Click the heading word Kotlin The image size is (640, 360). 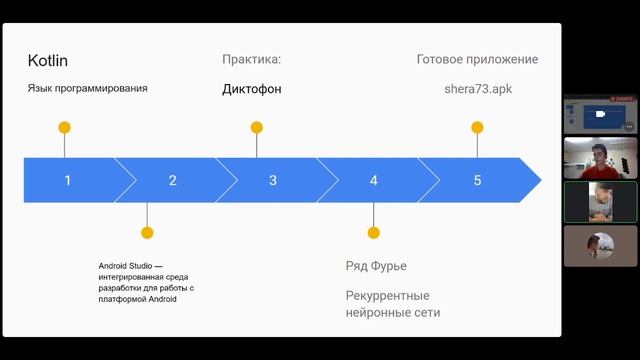pyautogui.click(x=48, y=61)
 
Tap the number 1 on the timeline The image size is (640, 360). pyautogui.click(x=68, y=181)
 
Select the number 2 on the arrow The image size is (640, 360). pyautogui.click(x=173, y=181)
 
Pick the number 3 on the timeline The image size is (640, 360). pyautogui.click(x=273, y=181)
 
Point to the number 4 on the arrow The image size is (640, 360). pyautogui.click(x=374, y=181)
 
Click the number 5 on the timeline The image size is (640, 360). pyautogui.click(x=477, y=181)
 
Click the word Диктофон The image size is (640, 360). pyautogui.click(x=252, y=89)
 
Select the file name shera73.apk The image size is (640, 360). pyautogui.click(x=477, y=89)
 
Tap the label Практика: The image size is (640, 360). pyautogui.click(x=252, y=60)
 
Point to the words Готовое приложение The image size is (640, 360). pyautogui.click(x=477, y=60)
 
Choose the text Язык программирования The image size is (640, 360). pyautogui.click(x=88, y=89)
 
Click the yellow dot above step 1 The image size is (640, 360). pyautogui.click(x=65, y=128)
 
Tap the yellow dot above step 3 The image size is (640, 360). pyautogui.click(x=257, y=128)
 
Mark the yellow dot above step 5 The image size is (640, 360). pyautogui.click(x=477, y=128)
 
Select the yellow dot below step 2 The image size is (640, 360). pyautogui.click(x=147, y=233)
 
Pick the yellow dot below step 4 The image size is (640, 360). pyautogui.click(x=374, y=233)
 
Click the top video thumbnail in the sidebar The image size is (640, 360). pyautogui.click(x=600, y=114)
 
